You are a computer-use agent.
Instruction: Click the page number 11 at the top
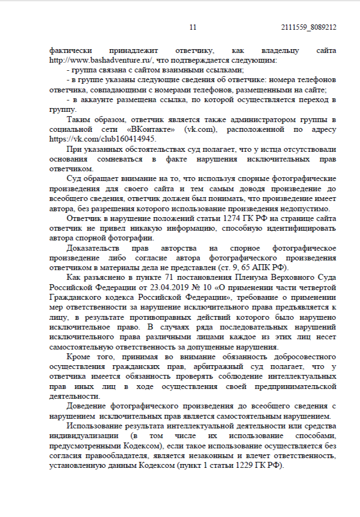click(x=193, y=27)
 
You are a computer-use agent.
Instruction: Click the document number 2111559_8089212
click(x=309, y=27)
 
